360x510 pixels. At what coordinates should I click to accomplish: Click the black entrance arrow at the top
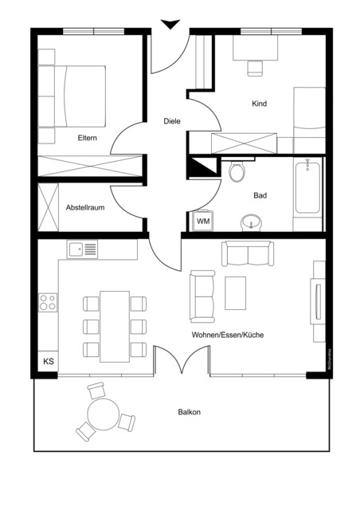pyautogui.click(x=169, y=25)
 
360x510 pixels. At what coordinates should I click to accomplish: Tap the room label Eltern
pyautogui.click(x=88, y=138)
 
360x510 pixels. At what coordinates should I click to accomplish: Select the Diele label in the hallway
pyautogui.click(x=171, y=121)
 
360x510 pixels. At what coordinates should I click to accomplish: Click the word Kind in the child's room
pyautogui.click(x=259, y=104)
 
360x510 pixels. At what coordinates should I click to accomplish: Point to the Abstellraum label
pyautogui.click(x=85, y=207)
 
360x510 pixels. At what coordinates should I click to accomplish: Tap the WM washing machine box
pyautogui.click(x=202, y=221)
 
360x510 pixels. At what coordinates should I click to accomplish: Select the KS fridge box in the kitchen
pyautogui.click(x=49, y=362)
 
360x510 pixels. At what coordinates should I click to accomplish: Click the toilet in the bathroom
pyautogui.click(x=237, y=172)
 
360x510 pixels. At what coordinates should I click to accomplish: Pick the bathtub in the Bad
pyautogui.click(x=307, y=188)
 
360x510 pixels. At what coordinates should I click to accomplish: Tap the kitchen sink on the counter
pyautogui.click(x=83, y=250)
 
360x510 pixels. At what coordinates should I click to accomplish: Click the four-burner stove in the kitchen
pyautogui.click(x=48, y=302)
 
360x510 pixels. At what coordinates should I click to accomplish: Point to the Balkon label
pyautogui.click(x=189, y=412)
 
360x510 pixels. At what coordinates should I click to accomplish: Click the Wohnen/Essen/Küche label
pyautogui.click(x=227, y=335)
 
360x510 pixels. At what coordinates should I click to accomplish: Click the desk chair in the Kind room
pyautogui.click(x=255, y=68)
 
